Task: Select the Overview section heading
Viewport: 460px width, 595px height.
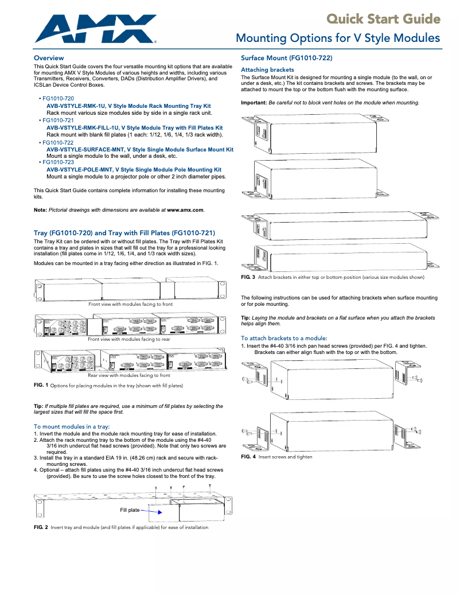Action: click(49, 59)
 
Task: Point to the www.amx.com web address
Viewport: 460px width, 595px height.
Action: click(185, 210)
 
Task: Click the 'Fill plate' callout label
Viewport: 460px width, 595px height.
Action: click(129, 510)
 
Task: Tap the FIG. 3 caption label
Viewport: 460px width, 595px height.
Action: click(248, 277)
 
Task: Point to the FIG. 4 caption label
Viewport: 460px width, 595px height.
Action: click(248, 457)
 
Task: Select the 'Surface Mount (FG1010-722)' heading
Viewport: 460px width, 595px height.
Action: click(286, 59)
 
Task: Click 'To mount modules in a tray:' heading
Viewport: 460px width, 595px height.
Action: click(72, 427)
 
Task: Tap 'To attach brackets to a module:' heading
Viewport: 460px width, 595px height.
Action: click(284, 338)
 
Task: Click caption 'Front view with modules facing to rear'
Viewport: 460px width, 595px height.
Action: click(129, 339)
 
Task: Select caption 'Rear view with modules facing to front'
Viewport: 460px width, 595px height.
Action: click(129, 375)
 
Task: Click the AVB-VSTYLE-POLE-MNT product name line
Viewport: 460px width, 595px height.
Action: click(134, 170)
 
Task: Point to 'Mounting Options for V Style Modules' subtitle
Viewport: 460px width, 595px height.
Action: click(338, 38)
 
